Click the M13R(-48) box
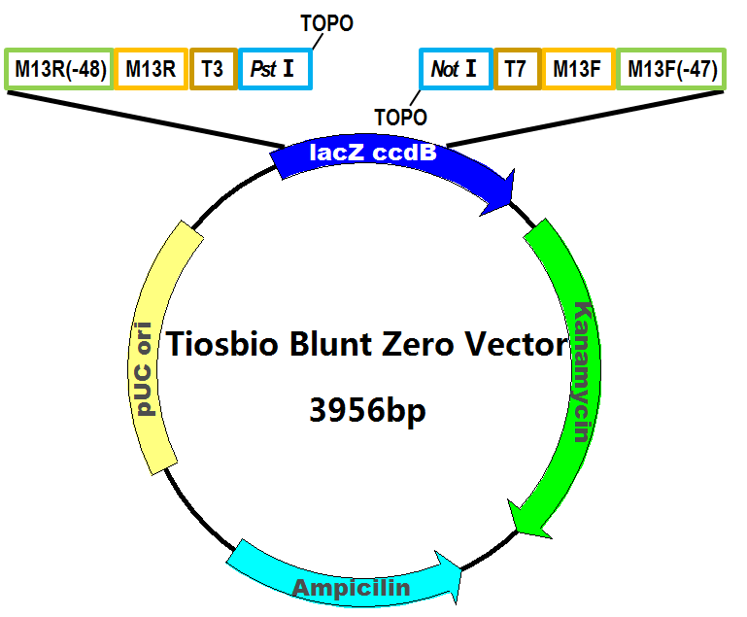coord(59,69)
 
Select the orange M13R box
coord(151,69)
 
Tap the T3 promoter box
coord(214,69)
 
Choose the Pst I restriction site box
coord(275,69)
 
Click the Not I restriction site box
coord(456,69)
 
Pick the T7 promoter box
coord(518,69)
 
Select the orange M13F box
coord(579,69)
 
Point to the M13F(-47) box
coord(671,69)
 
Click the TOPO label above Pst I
coord(326,23)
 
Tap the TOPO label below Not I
coord(400,118)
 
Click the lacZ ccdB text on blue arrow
coord(373,153)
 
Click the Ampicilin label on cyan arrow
coord(351,588)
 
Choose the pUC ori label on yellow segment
coord(143,369)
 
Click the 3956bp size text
coord(367,410)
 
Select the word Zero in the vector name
coord(418,344)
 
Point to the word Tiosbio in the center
coord(221,344)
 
